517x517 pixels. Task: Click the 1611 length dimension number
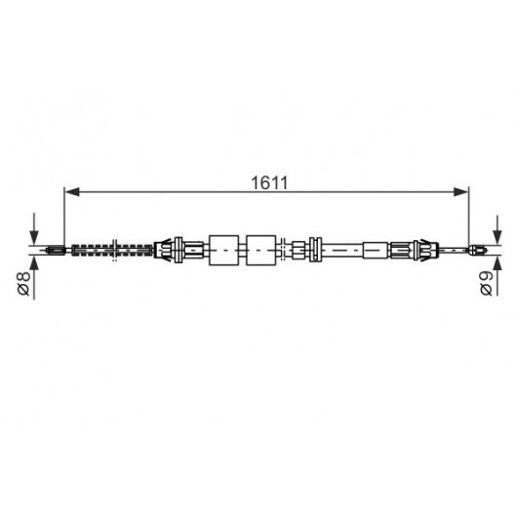[x=269, y=183]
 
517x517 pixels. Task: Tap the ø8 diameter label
[x=24, y=283]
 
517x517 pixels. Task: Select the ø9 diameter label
[x=487, y=283]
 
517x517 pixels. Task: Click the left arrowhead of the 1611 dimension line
[x=72, y=191]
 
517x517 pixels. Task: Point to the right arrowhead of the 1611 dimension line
[x=460, y=191]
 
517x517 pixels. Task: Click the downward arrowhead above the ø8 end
[x=34, y=238]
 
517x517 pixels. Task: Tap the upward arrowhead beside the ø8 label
[x=34, y=262]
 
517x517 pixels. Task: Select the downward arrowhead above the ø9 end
[x=497, y=238]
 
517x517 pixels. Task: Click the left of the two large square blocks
[x=224, y=251]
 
